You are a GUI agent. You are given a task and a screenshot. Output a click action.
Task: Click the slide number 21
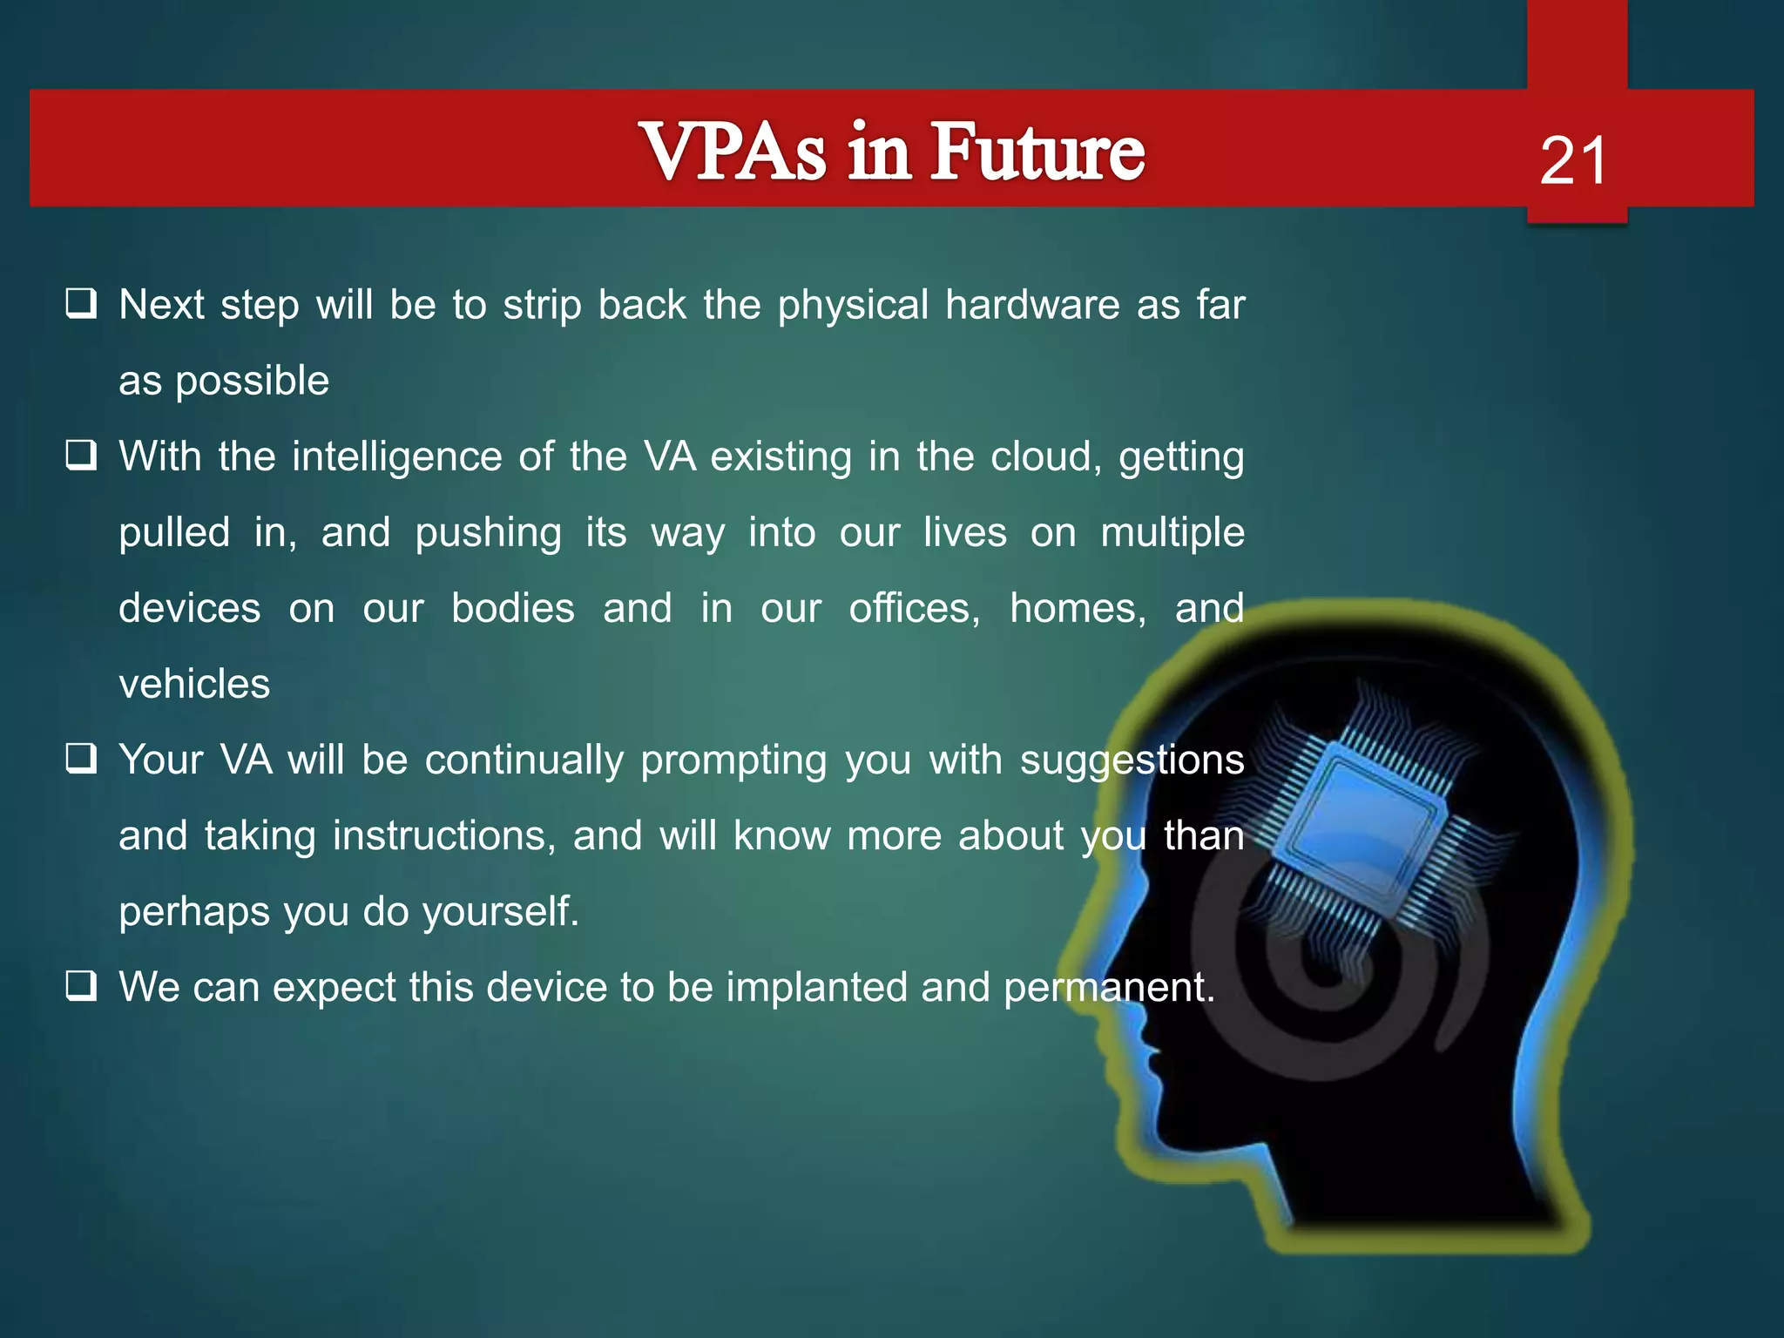tap(1573, 161)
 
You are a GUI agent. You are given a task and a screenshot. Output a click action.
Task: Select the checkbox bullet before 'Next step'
tap(81, 304)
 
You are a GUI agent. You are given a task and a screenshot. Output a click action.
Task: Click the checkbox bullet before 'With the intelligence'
tap(81, 456)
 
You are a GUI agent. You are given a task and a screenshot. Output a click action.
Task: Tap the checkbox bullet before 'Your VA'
tap(81, 759)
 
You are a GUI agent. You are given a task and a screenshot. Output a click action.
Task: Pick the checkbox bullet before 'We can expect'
tap(81, 986)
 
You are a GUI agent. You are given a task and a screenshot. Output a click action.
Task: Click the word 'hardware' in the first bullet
tap(1032, 305)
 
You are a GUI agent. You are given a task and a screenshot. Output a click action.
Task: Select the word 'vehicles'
tap(194, 684)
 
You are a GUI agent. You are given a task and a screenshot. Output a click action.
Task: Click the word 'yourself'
tap(500, 912)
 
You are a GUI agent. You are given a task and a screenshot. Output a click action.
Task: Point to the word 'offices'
tap(914, 608)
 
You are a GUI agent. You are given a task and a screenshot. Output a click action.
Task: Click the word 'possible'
tap(253, 382)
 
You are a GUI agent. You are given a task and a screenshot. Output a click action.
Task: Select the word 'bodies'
tap(512, 608)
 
